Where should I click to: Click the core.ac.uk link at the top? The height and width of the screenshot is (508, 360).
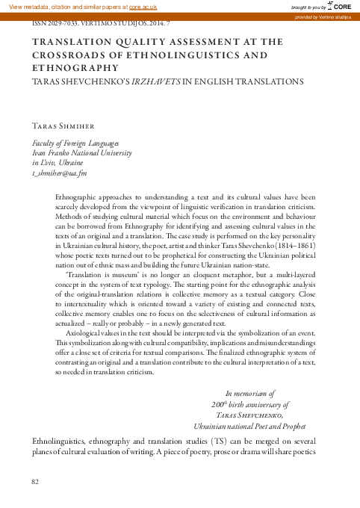(x=143, y=6)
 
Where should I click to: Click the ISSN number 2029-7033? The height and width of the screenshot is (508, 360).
(x=65, y=23)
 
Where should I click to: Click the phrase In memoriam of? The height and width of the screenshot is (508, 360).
(x=250, y=392)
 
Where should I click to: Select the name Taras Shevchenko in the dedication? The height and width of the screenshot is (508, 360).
(x=248, y=414)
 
